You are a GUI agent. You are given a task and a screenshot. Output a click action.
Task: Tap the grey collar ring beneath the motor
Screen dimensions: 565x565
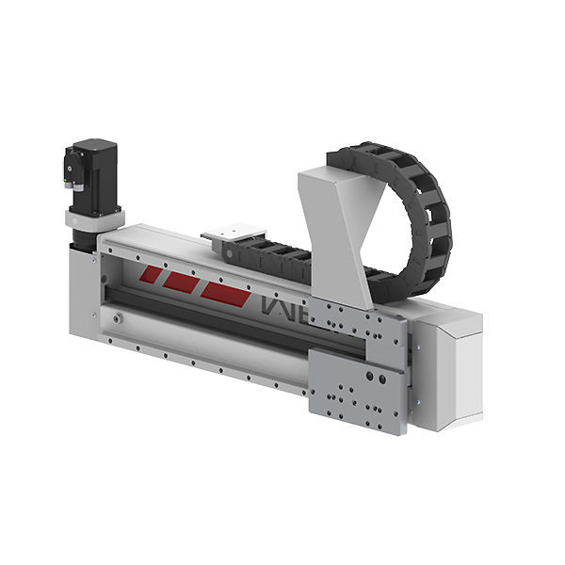click(x=94, y=218)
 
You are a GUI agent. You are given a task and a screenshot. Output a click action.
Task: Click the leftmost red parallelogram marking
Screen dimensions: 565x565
click(x=151, y=274)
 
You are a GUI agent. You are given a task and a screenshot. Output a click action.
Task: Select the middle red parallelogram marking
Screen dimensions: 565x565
click(x=181, y=282)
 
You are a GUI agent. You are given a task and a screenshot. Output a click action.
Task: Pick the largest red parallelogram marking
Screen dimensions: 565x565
click(x=226, y=293)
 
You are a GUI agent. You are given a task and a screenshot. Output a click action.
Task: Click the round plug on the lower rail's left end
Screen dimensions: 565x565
click(x=116, y=319)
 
